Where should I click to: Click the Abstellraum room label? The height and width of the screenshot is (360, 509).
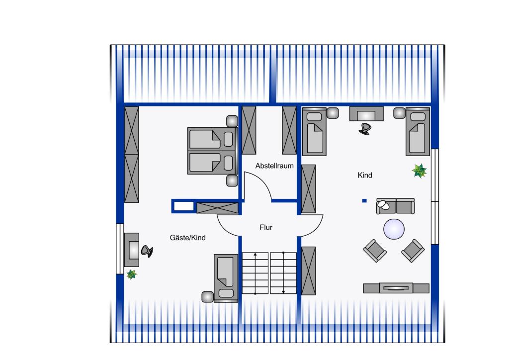point(274,166)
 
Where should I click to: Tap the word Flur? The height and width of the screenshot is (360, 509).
point(266,227)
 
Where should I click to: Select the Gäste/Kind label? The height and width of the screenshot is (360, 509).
point(187,238)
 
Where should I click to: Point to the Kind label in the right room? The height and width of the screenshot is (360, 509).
point(365,176)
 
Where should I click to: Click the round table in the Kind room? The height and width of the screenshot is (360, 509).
point(394,229)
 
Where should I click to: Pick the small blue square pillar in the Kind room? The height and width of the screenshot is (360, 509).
point(364,200)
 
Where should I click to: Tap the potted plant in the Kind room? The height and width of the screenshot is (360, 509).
point(419,171)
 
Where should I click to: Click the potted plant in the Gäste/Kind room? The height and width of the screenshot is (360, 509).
point(131,274)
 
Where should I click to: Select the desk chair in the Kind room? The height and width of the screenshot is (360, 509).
point(365,129)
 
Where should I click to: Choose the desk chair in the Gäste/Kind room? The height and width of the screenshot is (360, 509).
point(147,251)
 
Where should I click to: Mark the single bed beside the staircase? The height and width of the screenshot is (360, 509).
point(226,278)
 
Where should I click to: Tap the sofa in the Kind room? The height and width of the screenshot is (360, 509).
point(395,206)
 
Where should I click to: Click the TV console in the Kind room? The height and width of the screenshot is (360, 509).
point(396,288)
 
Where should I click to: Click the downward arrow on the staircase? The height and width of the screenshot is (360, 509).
point(283,272)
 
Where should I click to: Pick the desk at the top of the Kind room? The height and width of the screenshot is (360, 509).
point(366,113)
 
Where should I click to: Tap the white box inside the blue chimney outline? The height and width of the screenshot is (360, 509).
point(184,206)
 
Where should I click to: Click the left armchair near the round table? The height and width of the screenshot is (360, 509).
point(375,250)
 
